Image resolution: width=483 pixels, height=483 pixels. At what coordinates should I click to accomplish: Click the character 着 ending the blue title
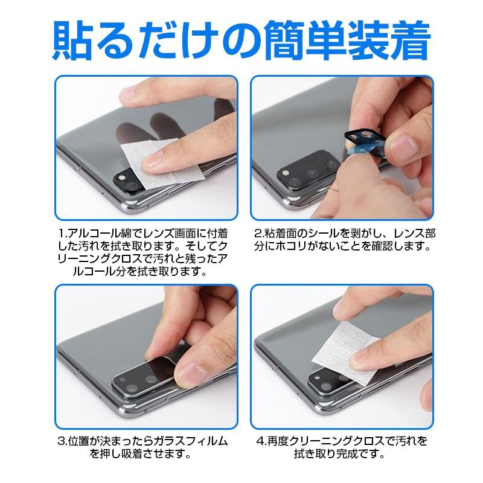coord(405,38)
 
